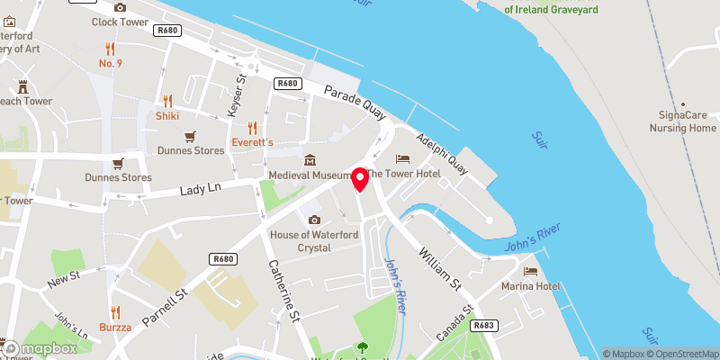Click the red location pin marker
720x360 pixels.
pos(360,179)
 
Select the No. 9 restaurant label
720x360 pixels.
pos(110,63)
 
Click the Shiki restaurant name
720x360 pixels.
pos(167,115)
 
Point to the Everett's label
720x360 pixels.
pos(252,142)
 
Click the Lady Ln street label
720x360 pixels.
pos(200,189)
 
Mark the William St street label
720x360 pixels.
pos(440,268)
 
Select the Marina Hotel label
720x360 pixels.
pos(531,286)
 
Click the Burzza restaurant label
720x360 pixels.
pos(115,327)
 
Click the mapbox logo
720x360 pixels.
pos(40,348)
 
